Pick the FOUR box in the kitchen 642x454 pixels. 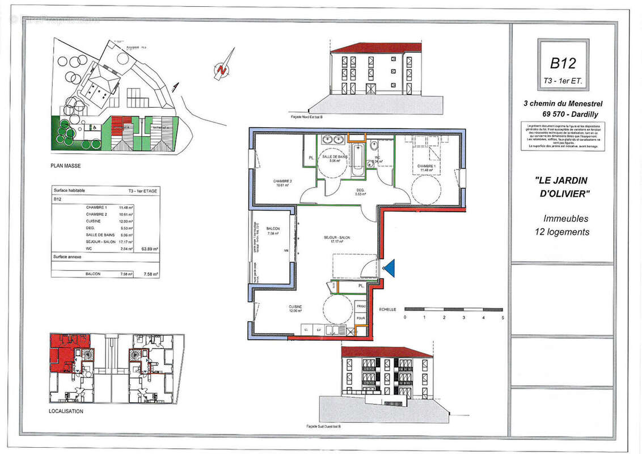[x=361, y=319]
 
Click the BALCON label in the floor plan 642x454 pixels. [x=273, y=228]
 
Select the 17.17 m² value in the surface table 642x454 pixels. [x=126, y=242]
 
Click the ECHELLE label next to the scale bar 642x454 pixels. [x=388, y=309]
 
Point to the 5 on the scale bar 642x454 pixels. [x=502, y=317]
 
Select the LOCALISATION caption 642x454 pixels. [x=66, y=411]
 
